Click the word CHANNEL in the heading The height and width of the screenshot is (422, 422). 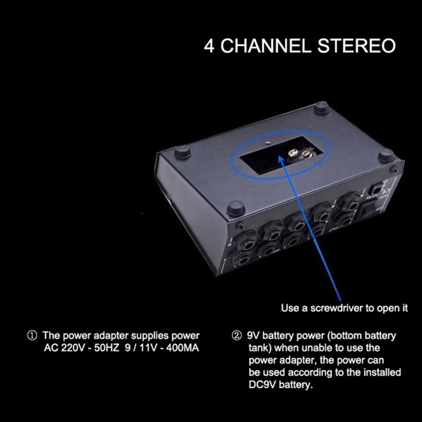(266, 46)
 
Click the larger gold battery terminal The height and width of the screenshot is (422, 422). (292, 153)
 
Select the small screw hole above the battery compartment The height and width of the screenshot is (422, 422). (268, 143)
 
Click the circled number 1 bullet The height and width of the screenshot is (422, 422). (32, 336)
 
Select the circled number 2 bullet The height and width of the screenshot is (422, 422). (237, 336)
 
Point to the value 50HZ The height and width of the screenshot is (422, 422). (107, 348)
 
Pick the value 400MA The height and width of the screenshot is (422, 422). (183, 348)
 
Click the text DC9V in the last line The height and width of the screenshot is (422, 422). (262, 385)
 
